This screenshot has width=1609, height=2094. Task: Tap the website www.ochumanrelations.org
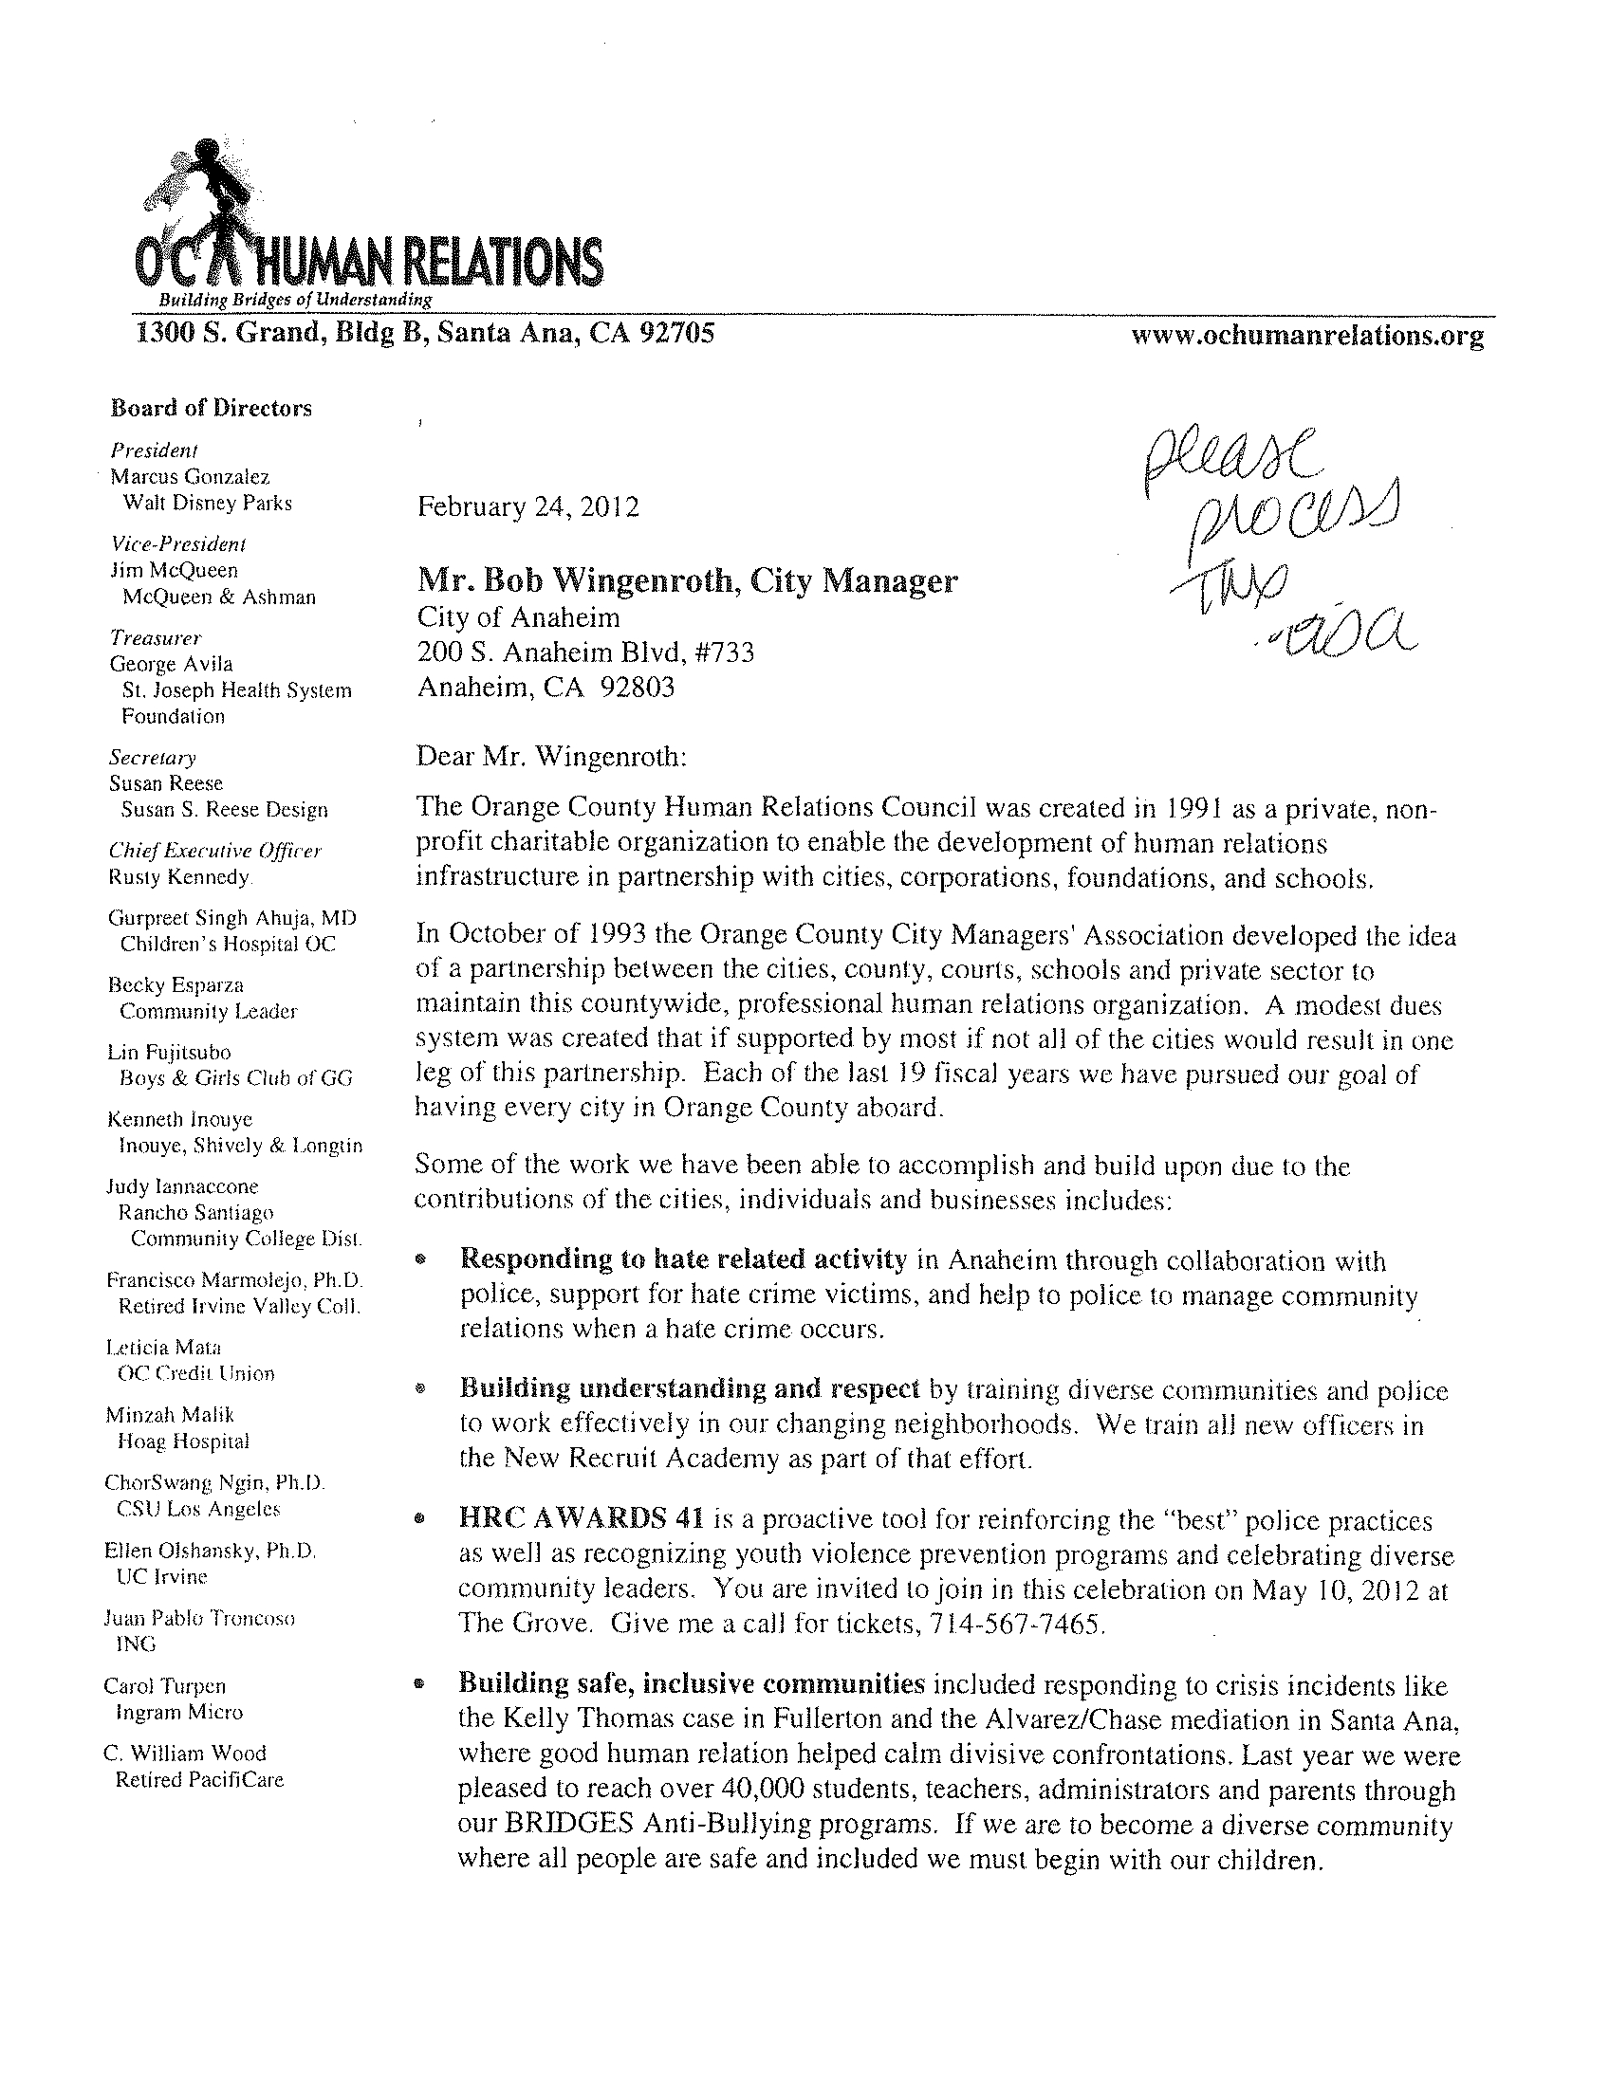(1307, 336)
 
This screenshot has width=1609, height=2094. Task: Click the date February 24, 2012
(527, 506)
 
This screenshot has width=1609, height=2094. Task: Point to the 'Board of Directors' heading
(211, 409)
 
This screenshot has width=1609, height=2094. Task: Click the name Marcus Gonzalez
(190, 477)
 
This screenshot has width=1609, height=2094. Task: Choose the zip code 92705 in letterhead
(676, 333)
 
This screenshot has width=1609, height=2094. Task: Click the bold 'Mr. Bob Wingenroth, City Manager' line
(687, 581)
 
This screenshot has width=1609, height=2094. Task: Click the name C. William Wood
(185, 1754)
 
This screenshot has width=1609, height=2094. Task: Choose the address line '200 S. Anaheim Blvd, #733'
(585, 653)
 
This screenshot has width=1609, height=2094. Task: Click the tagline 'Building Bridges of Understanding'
(295, 301)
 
